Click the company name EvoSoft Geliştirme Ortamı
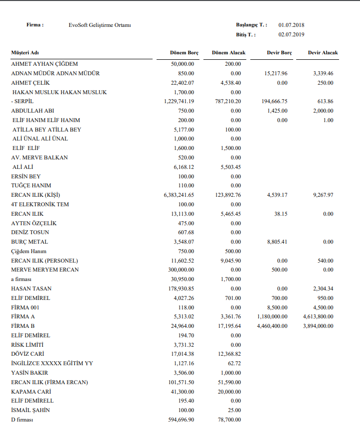(x=100, y=25)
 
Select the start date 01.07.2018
(x=292, y=25)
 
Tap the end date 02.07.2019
(x=292, y=35)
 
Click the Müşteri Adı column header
(x=25, y=53)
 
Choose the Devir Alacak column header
(x=323, y=53)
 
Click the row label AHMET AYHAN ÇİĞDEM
(x=44, y=64)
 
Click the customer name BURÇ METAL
(x=29, y=242)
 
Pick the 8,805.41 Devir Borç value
(x=277, y=242)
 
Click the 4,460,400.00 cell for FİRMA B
(x=272, y=326)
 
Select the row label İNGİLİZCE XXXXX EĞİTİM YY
(x=52, y=363)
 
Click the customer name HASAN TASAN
(x=31, y=288)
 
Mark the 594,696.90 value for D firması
(x=182, y=420)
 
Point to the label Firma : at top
(x=35, y=25)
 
